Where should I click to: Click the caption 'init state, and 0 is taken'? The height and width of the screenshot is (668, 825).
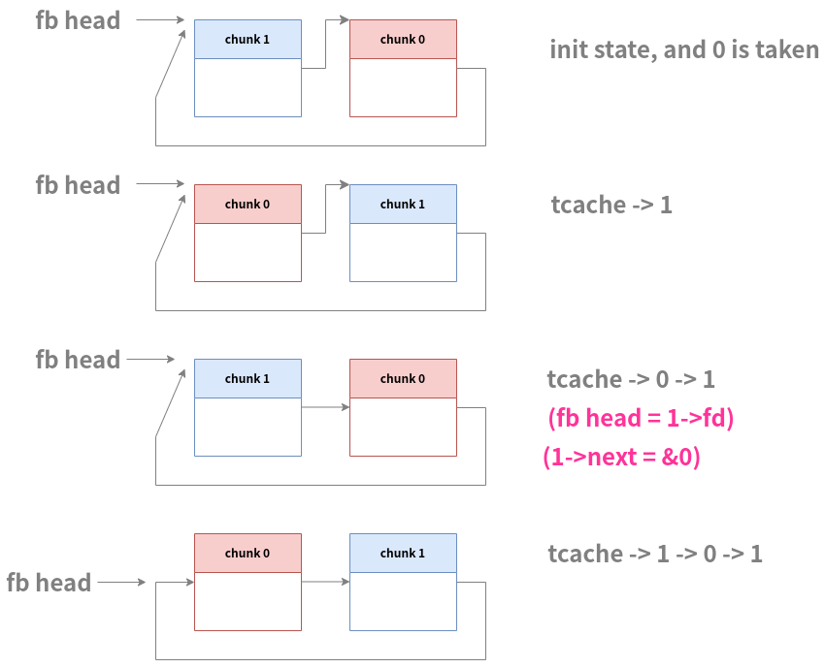(x=684, y=49)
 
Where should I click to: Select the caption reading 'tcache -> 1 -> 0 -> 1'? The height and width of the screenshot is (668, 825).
(x=655, y=554)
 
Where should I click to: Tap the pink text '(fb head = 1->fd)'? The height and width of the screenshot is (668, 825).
(x=641, y=419)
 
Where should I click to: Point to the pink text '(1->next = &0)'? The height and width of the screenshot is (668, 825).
(x=621, y=457)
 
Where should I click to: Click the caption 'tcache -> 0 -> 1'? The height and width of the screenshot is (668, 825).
(x=631, y=379)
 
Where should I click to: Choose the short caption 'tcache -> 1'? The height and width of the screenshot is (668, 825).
(x=611, y=205)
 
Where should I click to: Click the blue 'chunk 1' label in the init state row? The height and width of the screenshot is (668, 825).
(x=247, y=40)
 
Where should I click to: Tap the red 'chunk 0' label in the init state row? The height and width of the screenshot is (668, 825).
(x=403, y=40)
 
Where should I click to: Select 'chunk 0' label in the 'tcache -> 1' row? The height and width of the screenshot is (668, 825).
(x=247, y=205)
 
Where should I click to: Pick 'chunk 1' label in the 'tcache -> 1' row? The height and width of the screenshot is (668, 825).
(x=403, y=205)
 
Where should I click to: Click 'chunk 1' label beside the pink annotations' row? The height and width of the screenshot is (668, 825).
(x=247, y=379)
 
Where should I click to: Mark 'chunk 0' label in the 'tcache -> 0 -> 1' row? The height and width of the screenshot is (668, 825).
(x=403, y=379)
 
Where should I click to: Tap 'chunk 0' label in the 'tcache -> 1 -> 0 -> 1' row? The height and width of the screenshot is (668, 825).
(x=247, y=554)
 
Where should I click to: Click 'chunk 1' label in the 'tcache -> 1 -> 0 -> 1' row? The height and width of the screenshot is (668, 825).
(x=403, y=554)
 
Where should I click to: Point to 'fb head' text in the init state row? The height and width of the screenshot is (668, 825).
(x=78, y=20)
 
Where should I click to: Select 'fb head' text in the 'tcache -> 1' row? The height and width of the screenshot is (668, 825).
(x=78, y=185)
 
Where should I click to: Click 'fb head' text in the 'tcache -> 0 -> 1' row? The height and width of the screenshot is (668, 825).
(x=78, y=360)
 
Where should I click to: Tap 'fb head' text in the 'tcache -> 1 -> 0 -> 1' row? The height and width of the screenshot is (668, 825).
(x=49, y=583)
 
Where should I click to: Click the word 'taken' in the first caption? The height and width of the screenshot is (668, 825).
(x=788, y=49)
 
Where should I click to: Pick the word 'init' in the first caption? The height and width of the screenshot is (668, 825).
(x=569, y=49)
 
